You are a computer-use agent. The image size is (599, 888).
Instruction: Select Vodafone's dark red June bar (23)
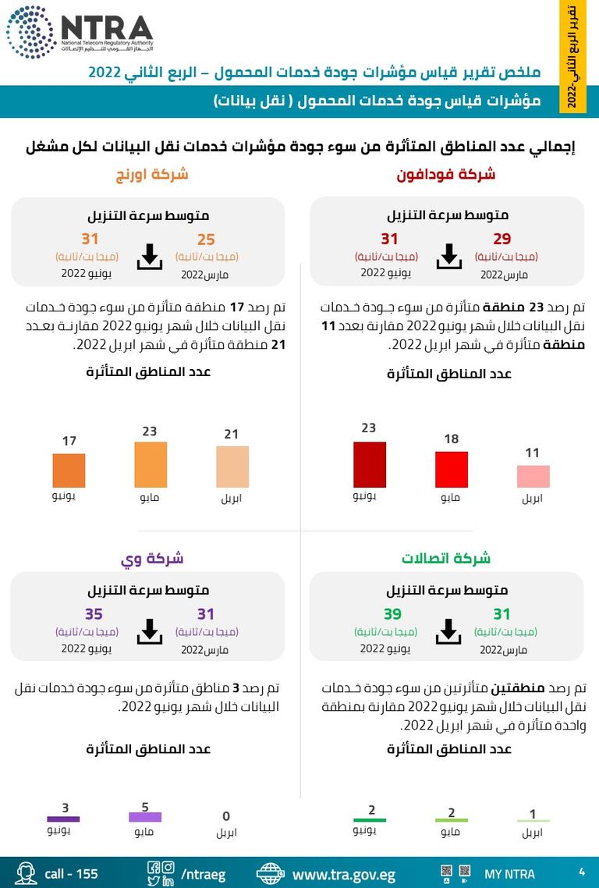pos(369,465)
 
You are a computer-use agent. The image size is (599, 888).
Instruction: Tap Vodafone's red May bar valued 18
pos(451,470)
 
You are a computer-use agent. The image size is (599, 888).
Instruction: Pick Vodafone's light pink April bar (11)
pos(533,477)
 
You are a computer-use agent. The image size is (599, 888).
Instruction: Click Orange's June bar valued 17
pos(69,471)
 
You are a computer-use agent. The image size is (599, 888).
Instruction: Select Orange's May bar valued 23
pos(151,465)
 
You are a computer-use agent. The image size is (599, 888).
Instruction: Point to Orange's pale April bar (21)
pos(232,467)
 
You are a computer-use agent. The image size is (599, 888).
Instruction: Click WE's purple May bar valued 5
pos(145,817)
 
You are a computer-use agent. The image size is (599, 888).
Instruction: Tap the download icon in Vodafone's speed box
pos(448,256)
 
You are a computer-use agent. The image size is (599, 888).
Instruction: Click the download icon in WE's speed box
pos(149,631)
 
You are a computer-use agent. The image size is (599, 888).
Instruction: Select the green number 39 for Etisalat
pos(392,615)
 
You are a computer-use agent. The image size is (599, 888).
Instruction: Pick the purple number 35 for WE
pos(94,615)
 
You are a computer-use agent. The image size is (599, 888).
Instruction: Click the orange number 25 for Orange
pos(206,240)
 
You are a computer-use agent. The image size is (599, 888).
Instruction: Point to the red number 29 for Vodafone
pos(502,240)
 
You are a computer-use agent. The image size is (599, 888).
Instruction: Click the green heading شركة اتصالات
pos(446,559)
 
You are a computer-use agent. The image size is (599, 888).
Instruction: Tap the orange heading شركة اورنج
pos(152,174)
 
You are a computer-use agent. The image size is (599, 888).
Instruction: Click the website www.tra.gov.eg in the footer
pos(343,874)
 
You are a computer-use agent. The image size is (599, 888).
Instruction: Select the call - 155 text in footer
pos(71,874)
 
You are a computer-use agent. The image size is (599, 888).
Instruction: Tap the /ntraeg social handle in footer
pos(204,874)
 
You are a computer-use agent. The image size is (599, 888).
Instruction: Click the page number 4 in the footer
pos(582,872)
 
